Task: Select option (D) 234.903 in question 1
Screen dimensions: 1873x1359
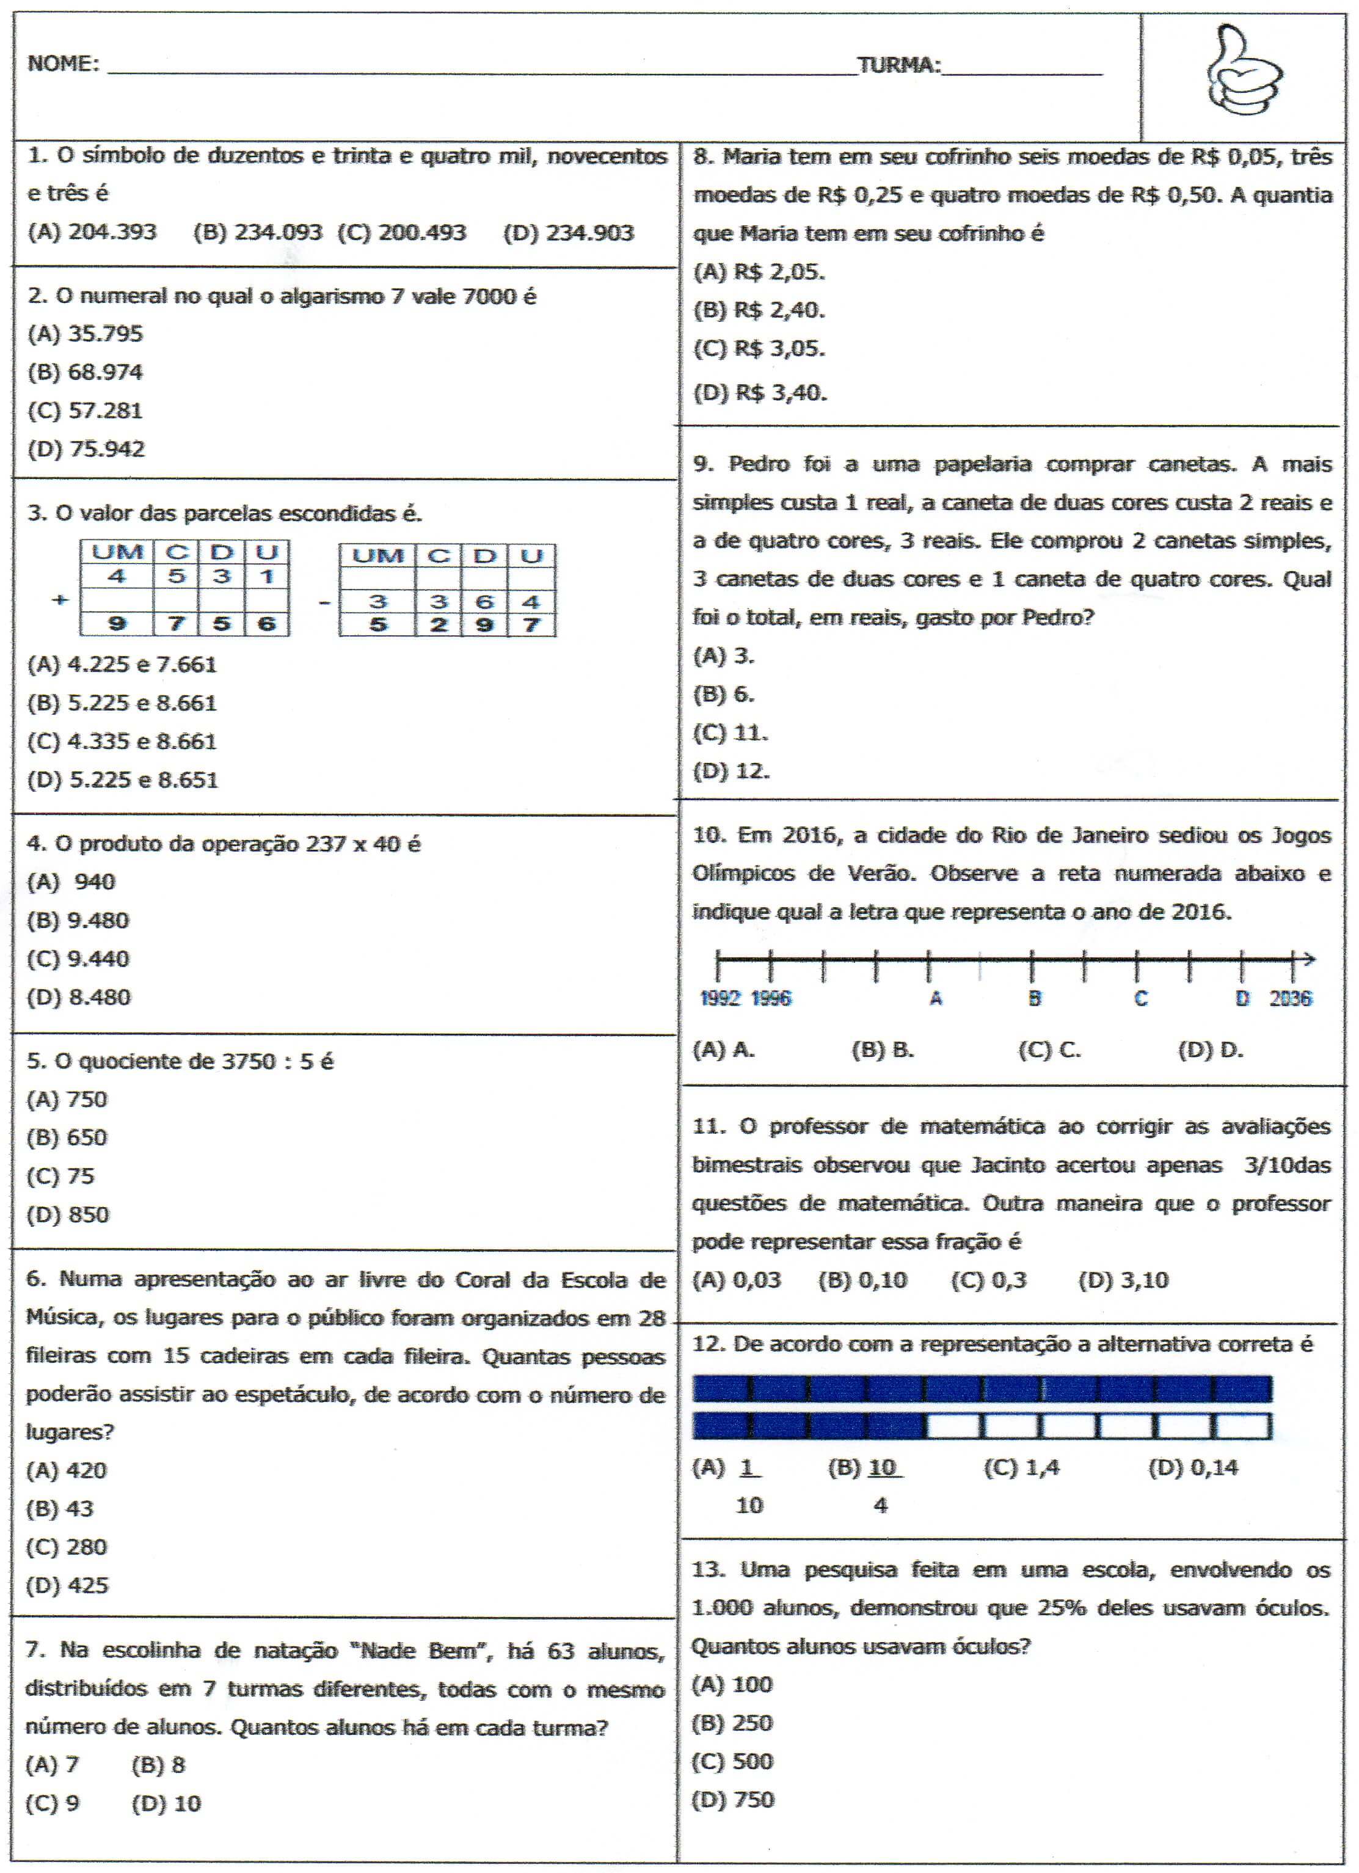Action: [x=568, y=233]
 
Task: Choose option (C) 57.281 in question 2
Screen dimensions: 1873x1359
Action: [x=85, y=411]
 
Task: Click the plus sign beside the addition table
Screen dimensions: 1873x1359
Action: [x=59, y=599]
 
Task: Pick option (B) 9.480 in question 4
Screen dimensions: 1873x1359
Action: [x=78, y=920]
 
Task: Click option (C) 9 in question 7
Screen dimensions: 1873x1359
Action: [x=53, y=1803]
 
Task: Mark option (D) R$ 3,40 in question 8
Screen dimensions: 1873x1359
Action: [x=760, y=392]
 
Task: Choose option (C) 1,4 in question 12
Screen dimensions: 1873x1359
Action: [x=1021, y=1467]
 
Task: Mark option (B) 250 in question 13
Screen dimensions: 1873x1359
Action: [x=732, y=1723]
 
